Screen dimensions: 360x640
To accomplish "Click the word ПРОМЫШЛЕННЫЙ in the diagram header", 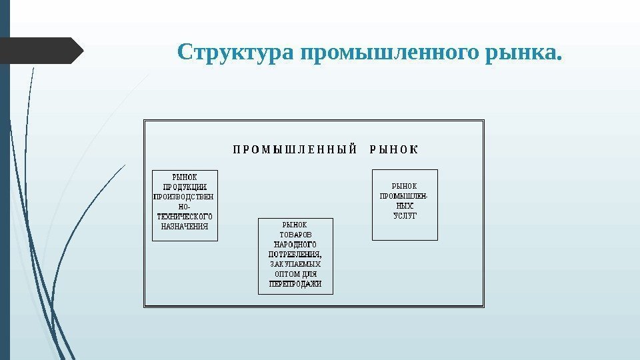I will (295, 149).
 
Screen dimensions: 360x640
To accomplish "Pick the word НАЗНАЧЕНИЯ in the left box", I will (185, 226).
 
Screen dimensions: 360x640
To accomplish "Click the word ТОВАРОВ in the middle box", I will (295, 235).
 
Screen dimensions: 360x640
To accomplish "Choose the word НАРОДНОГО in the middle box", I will (295, 245).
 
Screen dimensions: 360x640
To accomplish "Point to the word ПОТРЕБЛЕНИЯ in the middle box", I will (295, 254).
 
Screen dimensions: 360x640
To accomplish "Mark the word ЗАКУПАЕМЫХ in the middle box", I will (295, 264).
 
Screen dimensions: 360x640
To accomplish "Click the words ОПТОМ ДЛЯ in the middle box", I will (295, 274).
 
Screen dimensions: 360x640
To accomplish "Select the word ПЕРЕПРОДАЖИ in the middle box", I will (295, 284).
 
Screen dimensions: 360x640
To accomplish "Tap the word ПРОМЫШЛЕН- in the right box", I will (405, 197).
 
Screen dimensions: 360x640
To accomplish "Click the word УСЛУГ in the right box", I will (405, 216).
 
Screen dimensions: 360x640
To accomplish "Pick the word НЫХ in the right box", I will (405, 206).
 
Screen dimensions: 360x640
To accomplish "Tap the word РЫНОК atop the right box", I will (405, 187).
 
